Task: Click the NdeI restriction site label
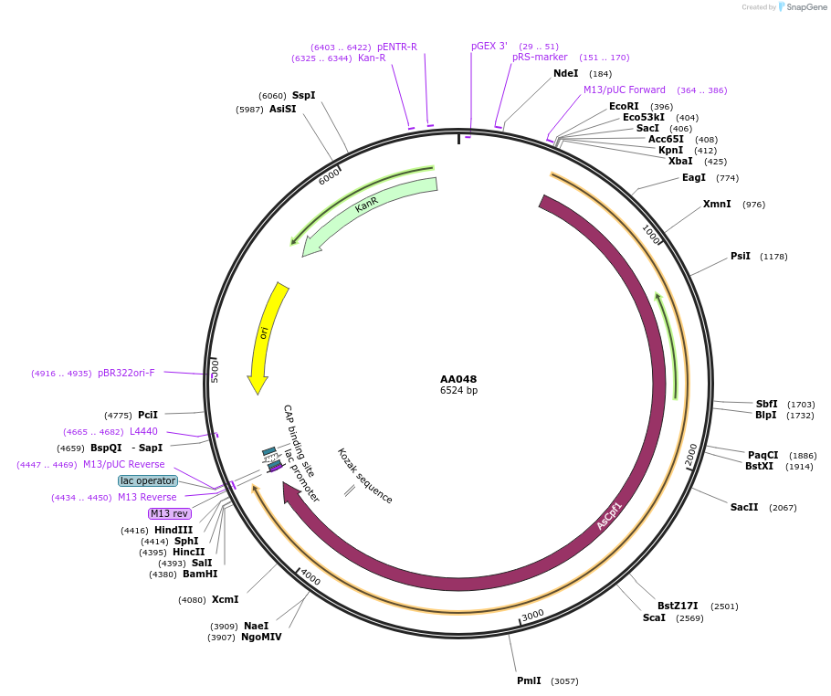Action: pos(566,74)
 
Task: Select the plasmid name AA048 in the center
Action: pos(458,379)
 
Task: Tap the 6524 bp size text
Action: pos(458,391)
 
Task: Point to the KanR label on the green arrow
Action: pos(367,205)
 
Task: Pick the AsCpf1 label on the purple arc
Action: pos(609,515)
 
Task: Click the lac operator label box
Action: pos(147,480)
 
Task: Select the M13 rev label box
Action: pos(170,513)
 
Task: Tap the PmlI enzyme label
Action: pos(529,680)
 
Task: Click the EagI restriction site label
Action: pos(694,178)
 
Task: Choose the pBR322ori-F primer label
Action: pos(126,373)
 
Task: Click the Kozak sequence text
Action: pos(364,476)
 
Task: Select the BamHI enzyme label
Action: pos(200,574)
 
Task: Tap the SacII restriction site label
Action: pos(744,507)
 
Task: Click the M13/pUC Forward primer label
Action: pos(625,90)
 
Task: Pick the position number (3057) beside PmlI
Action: pos(564,681)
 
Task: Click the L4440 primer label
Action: pos(143,431)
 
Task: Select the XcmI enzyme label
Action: pos(225,599)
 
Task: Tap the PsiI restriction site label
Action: pos(741,257)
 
